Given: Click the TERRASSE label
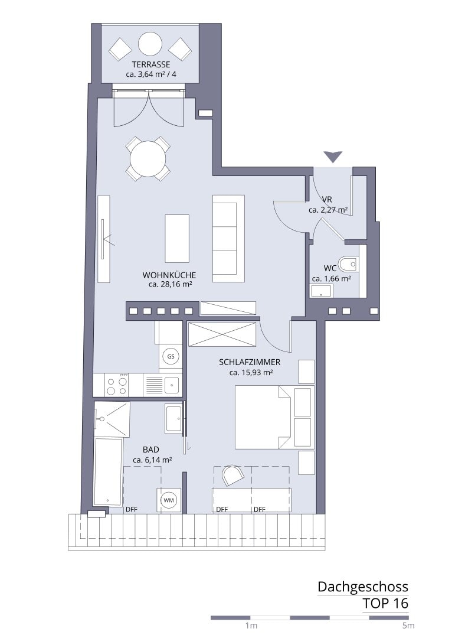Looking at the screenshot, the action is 151,64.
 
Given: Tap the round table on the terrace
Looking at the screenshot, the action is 150,44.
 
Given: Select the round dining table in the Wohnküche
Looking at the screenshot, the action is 148,158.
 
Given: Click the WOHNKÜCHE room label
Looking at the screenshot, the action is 169,275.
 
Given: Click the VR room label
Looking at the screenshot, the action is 327,200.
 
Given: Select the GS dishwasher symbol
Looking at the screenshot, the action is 171,356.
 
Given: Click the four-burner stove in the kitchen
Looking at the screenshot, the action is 117,385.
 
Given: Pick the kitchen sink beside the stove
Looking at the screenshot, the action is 172,385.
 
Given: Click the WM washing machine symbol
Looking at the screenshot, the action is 168,500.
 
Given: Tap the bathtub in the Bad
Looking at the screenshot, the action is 108,472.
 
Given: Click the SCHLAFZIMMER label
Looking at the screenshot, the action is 250,362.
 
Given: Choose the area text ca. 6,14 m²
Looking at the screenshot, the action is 152,460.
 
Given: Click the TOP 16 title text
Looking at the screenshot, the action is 385,603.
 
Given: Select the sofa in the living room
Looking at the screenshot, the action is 228,239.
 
